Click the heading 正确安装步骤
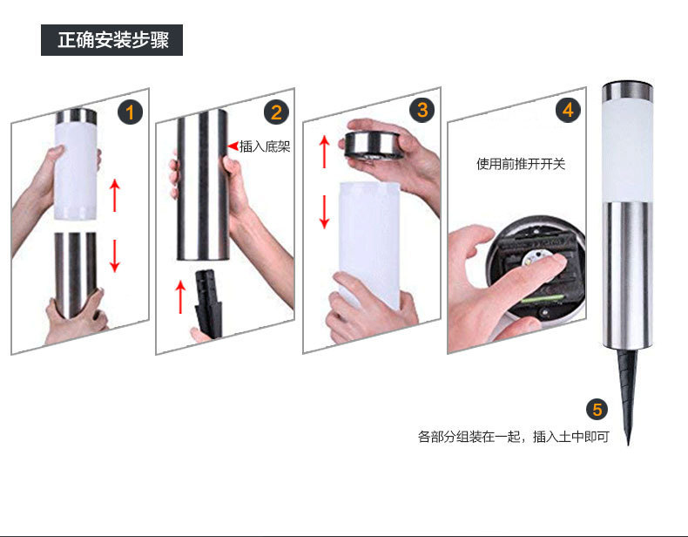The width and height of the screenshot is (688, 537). (x=112, y=40)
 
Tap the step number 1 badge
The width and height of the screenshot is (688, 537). (x=130, y=112)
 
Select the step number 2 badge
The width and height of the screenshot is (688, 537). (x=276, y=112)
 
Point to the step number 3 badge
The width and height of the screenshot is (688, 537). (x=422, y=110)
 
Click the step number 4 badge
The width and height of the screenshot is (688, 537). (x=568, y=110)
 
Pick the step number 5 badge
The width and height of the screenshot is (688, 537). (x=597, y=410)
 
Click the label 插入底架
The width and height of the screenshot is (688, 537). (x=265, y=146)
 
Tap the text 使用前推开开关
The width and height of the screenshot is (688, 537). (x=521, y=164)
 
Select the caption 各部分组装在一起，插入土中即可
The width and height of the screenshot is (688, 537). (x=513, y=437)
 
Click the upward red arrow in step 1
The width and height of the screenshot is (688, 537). (x=114, y=195)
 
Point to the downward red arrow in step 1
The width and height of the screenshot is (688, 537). (x=114, y=255)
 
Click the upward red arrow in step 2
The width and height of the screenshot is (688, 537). (x=180, y=296)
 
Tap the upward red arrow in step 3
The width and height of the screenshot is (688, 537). (x=324, y=152)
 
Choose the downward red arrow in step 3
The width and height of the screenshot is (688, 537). (x=324, y=212)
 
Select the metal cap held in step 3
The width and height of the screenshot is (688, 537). (x=372, y=144)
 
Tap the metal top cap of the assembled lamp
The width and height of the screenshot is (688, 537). (x=627, y=91)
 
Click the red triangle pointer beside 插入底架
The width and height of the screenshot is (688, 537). (x=233, y=146)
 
